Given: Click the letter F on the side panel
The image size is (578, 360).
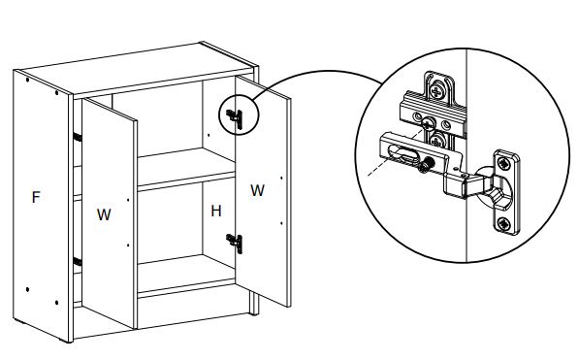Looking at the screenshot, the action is click(x=36, y=197).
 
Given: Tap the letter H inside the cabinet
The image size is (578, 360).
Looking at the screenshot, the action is click(x=216, y=211).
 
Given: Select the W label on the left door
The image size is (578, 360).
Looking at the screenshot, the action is click(x=104, y=214).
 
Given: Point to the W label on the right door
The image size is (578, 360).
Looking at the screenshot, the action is click(x=257, y=190).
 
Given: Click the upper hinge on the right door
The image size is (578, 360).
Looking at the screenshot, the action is click(x=235, y=119).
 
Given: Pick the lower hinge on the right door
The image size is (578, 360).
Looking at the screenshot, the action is click(x=235, y=244).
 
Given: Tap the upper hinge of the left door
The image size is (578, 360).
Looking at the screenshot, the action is click(x=78, y=137).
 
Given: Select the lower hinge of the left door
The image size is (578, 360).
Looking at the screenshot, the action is click(x=78, y=262).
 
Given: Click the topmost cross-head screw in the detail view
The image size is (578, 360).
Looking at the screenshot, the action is click(x=437, y=90).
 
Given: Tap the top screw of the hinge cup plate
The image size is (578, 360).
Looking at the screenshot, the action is click(x=503, y=163).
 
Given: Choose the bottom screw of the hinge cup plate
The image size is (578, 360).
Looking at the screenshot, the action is click(x=503, y=223).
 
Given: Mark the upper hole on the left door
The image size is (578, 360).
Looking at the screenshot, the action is click(x=128, y=200).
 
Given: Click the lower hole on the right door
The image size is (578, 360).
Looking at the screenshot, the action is click(x=281, y=223).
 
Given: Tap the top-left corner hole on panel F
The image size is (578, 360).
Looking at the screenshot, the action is click(x=28, y=80).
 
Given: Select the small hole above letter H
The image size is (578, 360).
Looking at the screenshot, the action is click(x=209, y=135).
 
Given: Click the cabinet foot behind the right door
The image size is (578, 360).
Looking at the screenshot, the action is click(x=254, y=303).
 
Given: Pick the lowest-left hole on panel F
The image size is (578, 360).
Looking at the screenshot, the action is click(x=28, y=289).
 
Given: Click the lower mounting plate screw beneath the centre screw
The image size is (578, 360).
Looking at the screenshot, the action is click(x=436, y=141).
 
